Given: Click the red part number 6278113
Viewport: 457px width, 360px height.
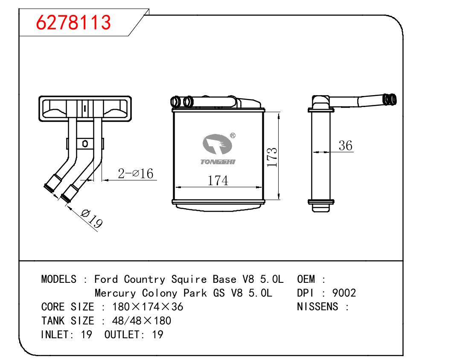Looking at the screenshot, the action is point(73,23).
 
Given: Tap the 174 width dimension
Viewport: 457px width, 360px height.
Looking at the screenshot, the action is point(218,180).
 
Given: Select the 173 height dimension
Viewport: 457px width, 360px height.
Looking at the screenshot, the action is point(272,157).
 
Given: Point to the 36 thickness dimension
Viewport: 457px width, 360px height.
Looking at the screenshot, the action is point(345,145).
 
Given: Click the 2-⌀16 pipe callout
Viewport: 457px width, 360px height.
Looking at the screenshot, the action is point(136,174).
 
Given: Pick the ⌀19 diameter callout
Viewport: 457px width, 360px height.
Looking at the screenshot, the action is point(92,218).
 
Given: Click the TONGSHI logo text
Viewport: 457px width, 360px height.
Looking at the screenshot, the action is point(218,162).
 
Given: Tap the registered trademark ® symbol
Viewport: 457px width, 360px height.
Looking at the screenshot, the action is point(233,136).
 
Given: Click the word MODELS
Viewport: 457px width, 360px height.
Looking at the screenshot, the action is point(58,279).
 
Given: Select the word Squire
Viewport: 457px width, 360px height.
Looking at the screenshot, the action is point(189,279).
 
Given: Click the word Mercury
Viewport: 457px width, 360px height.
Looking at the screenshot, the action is point(115,293).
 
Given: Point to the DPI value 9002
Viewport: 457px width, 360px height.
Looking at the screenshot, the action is point(344,293).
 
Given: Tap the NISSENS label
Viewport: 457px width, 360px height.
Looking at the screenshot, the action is point(317,306).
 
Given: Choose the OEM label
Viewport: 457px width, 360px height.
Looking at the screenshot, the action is point(306,279).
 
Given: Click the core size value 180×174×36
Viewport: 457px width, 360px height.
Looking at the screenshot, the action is point(148,307).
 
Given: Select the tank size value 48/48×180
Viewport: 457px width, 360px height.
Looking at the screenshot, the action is point(142,321).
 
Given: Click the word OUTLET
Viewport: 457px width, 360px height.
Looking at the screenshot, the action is point(122,334).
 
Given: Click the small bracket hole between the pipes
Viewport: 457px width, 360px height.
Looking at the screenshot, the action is point(85,144).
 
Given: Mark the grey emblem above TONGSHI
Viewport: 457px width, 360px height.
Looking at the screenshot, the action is point(217,144).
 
